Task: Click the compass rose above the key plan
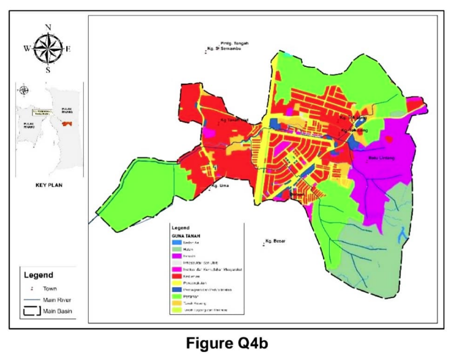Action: pos(48,49)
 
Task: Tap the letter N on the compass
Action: pos(48,28)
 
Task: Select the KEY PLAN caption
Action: pos(48,185)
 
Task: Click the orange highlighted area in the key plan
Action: pos(66,123)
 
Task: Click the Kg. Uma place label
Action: pos(220,186)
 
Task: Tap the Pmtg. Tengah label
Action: pos(234,43)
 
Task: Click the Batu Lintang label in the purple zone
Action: pos(381,158)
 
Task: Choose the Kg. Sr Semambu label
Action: pos(224,49)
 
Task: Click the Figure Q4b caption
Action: pos(226,344)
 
